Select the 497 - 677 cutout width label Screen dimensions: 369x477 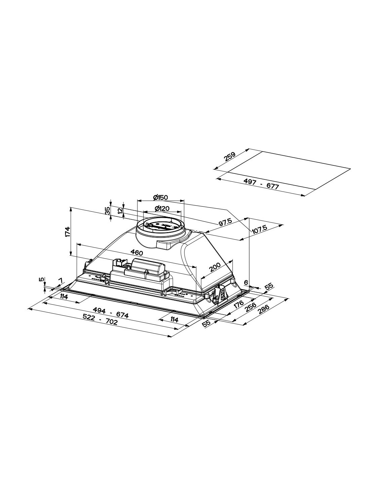(261, 184)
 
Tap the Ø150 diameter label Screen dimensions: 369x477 (160, 197)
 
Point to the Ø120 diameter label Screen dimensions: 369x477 (162, 208)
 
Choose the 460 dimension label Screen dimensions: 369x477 (137, 253)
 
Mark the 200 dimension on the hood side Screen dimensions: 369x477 (215, 267)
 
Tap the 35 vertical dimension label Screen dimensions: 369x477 (107, 211)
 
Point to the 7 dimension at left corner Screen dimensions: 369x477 (60, 280)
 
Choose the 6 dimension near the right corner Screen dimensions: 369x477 (246, 282)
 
